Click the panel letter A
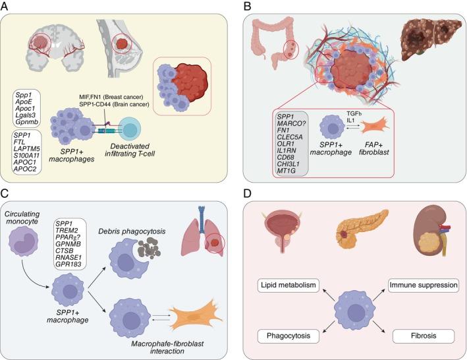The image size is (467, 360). [x=7, y=6]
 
